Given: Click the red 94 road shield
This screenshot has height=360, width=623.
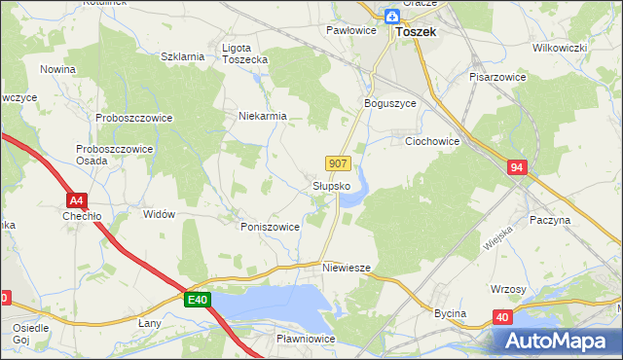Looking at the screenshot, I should tap(517, 168).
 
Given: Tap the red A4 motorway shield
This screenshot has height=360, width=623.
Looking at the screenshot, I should tap(79, 200).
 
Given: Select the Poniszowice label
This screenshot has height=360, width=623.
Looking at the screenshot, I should tap(270, 226).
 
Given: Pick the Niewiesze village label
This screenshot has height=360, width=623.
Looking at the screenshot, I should tap(347, 267).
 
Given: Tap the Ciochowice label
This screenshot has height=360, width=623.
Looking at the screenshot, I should tap(432, 141).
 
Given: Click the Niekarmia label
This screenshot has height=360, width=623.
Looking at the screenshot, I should tap(264, 116).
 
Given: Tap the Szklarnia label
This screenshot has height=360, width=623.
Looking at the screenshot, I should tap(182, 56).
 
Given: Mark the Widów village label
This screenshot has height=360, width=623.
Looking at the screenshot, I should tap(159, 214).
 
